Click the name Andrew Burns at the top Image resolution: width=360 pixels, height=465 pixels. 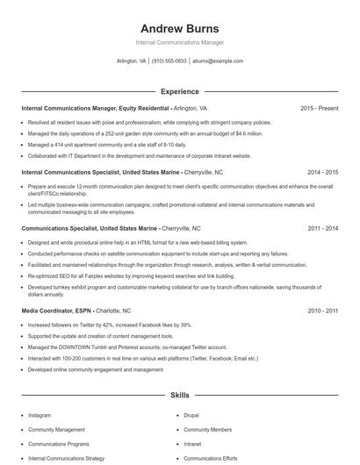click(179, 28)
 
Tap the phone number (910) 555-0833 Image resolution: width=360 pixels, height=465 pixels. click(169, 61)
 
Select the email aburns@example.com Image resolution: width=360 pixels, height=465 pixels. click(218, 61)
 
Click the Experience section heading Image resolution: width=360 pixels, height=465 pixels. click(179, 91)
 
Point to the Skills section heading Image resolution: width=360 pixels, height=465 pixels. click(179, 397)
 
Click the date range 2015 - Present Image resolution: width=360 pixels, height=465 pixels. click(319, 109)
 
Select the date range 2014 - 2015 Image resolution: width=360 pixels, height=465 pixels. click(322, 174)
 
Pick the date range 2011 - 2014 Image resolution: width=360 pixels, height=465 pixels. click(322, 228)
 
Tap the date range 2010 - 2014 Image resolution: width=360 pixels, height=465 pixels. click(322, 311)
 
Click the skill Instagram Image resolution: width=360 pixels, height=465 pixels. click(40, 415)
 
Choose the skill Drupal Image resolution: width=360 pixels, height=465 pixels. click(191, 415)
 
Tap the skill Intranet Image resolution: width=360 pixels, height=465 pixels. click(194, 444)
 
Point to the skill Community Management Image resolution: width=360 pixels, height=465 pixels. click(57, 430)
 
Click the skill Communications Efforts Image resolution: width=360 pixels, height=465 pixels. click(212, 458)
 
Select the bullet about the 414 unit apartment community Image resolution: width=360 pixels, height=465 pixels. click(107, 144)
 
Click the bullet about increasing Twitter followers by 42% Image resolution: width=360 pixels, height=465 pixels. click(110, 325)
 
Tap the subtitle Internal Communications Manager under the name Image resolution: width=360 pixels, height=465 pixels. click(179, 42)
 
